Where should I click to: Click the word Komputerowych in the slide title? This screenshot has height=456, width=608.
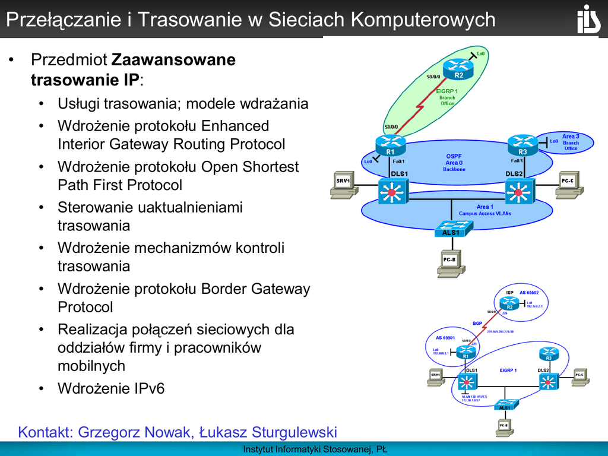[x=423, y=20]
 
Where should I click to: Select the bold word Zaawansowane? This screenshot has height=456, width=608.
[x=173, y=60]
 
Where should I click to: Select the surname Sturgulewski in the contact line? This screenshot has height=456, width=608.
[x=294, y=432]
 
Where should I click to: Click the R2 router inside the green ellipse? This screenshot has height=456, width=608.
[x=459, y=69]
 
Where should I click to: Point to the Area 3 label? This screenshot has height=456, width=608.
[x=571, y=137]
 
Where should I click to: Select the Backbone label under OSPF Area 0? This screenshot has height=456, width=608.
[x=454, y=169]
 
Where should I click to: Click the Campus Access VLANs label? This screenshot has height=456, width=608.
[x=484, y=213]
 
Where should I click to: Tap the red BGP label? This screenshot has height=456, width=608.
[x=477, y=323]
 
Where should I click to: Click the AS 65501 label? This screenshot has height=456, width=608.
[x=445, y=338]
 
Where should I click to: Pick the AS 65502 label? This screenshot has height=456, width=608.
[x=528, y=293]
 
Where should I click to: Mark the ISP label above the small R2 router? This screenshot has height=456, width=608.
[x=509, y=293]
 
